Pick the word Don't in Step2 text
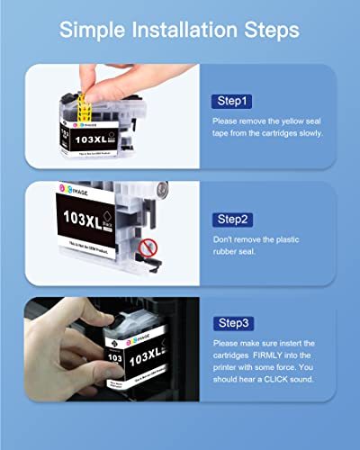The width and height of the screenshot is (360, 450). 223,238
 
